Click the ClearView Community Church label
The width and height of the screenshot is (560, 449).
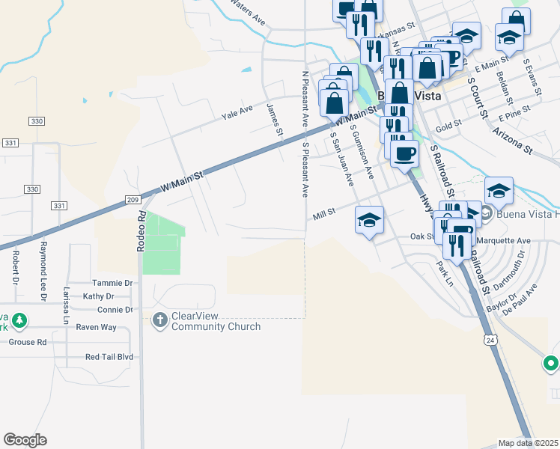(216, 321)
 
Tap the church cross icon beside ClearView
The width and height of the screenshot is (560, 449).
(159, 321)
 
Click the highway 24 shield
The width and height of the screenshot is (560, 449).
(490, 339)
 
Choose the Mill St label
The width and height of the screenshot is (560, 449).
(324, 216)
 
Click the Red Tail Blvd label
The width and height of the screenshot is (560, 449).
(109, 357)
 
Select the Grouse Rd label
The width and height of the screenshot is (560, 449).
(28, 342)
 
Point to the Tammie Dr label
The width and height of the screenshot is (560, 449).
(112, 283)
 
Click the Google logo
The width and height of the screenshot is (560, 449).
(25, 440)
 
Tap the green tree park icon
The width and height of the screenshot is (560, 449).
(19, 321)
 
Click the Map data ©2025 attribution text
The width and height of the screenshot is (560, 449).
(528, 443)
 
